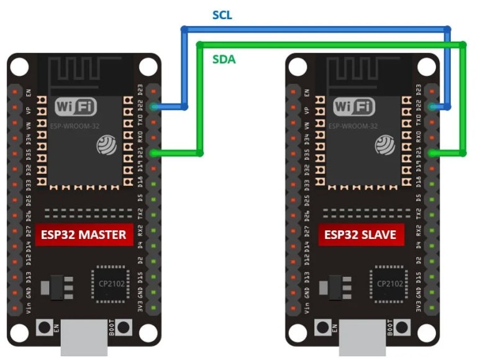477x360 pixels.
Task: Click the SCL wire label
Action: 222,14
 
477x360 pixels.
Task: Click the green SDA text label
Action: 224,60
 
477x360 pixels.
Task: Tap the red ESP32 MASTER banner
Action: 84,235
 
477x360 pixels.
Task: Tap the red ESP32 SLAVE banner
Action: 360,235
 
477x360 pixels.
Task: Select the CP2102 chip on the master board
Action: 110,282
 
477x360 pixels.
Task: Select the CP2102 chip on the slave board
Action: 389,282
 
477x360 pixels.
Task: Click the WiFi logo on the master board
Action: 76,107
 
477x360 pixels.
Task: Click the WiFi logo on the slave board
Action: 355,107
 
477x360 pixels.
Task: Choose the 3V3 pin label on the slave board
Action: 420,305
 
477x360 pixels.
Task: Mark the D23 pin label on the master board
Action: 141,90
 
